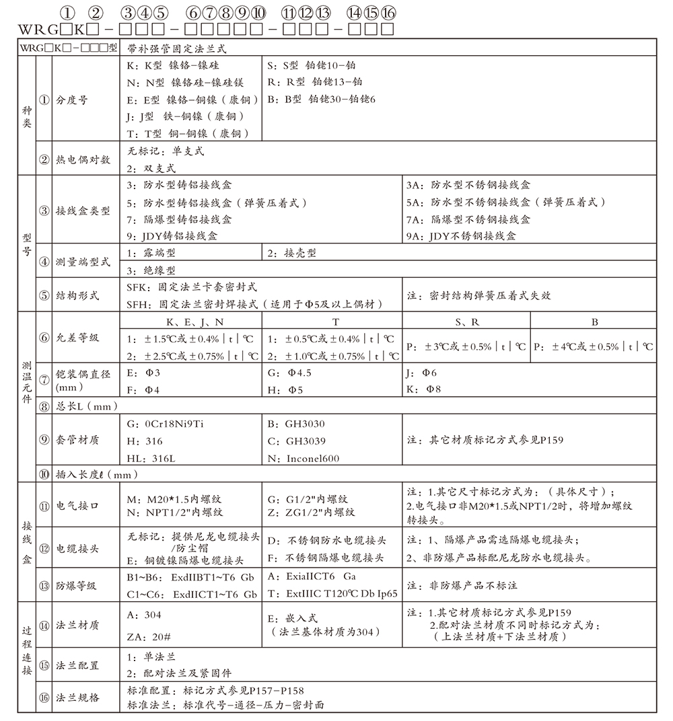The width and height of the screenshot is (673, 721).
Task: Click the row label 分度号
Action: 71,100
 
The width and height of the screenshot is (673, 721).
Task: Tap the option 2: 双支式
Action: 151,168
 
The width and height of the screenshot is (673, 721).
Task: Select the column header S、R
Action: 466,323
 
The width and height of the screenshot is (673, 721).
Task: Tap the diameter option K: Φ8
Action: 424,389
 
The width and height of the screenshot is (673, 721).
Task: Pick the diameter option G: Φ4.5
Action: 289,373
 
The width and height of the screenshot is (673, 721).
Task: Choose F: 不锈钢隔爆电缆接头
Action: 326,558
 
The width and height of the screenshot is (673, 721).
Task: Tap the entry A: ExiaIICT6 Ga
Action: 312,577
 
